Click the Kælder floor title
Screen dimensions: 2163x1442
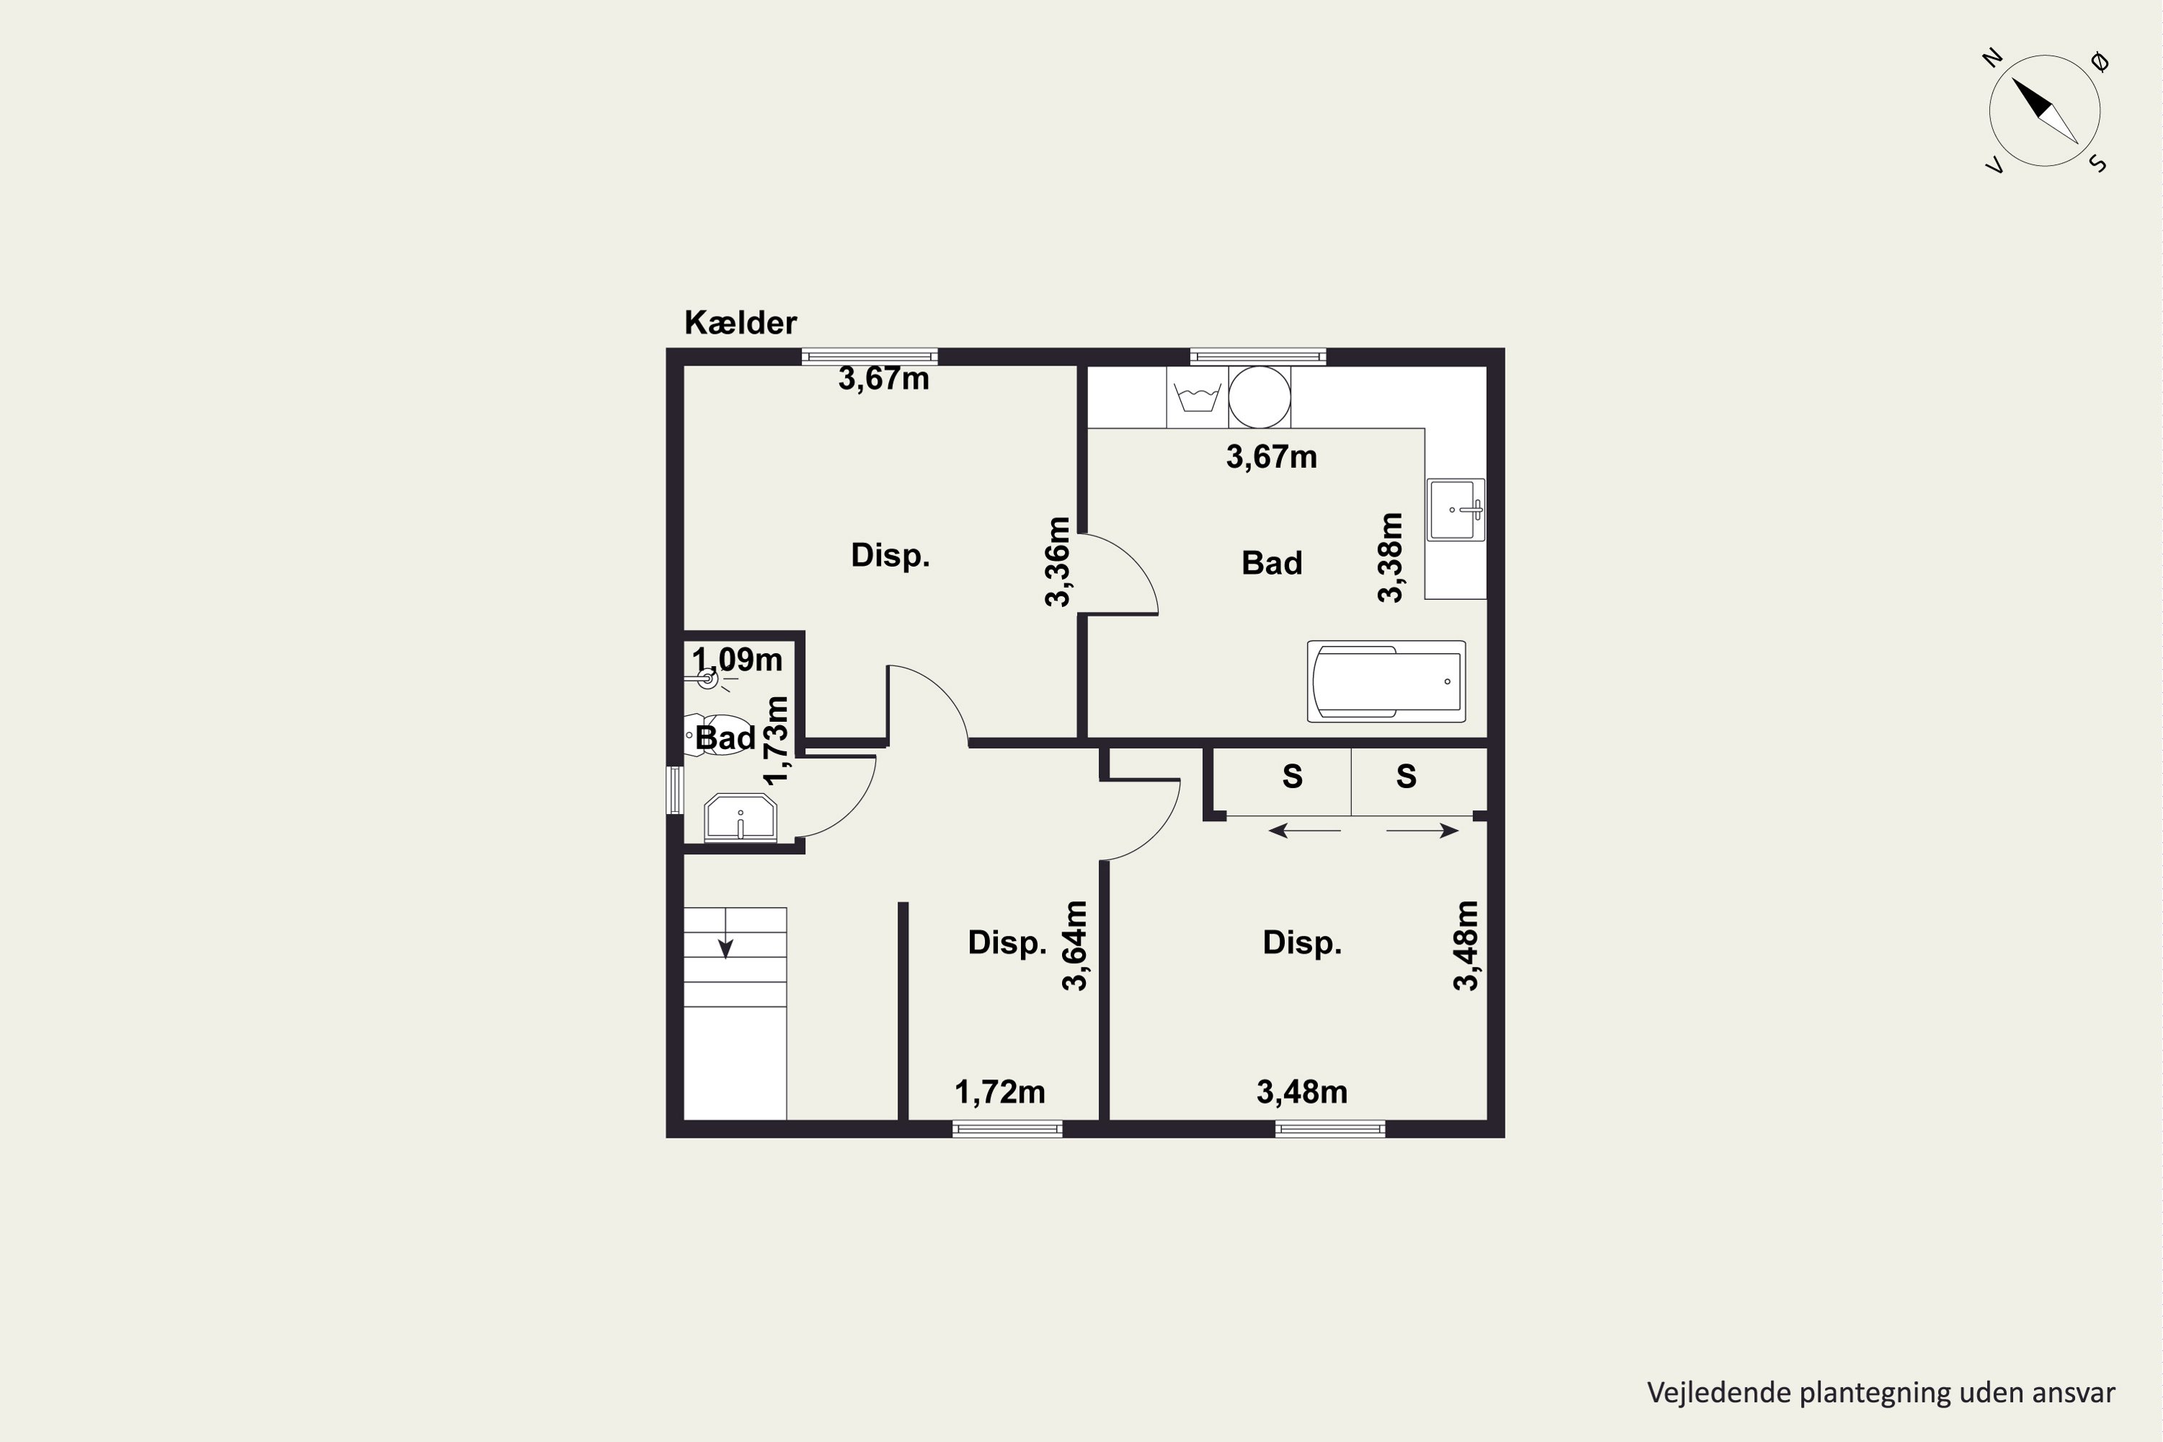[x=740, y=323]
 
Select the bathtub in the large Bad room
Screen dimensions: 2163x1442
[x=1386, y=681]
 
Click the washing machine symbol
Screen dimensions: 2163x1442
[x=1198, y=398]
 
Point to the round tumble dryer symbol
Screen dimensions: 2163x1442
[x=1259, y=397]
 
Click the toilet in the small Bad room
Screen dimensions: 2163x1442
[x=717, y=735]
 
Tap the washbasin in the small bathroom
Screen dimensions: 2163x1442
[x=740, y=818]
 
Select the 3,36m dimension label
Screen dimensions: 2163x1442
[x=1058, y=562]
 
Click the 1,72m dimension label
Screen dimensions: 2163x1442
[x=999, y=1092]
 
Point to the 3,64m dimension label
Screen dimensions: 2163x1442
[x=1075, y=945]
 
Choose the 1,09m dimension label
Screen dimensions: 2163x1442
[x=737, y=660]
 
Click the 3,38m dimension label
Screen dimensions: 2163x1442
[x=1391, y=557]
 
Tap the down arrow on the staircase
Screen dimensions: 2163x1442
[x=725, y=934]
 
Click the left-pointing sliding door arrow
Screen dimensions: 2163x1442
[x=1304, y=831]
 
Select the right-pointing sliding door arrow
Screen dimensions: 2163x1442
[x=1423, y=831]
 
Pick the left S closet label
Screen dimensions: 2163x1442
[x=1292, y=777]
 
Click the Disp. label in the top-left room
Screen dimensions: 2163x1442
[x=890, y=555]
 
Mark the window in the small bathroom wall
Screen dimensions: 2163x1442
[x=675, y=790]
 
